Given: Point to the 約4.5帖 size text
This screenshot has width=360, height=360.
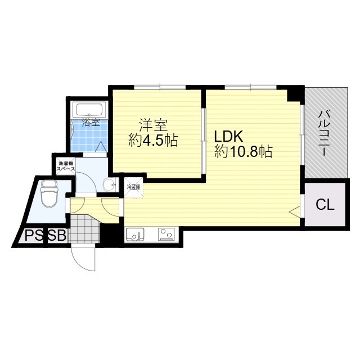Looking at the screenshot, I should coord(152,141).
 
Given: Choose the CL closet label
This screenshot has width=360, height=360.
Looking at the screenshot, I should coord(325,204).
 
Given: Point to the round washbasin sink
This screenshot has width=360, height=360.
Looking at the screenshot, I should coord(110,183).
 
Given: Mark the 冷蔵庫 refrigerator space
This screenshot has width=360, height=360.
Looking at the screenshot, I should coord(133,186).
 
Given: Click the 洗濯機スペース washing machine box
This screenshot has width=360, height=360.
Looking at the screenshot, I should coord(63,167).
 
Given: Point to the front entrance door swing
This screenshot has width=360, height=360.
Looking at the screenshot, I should coord(84,259).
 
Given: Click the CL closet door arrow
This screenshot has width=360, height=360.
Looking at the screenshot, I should coord(295,211).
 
